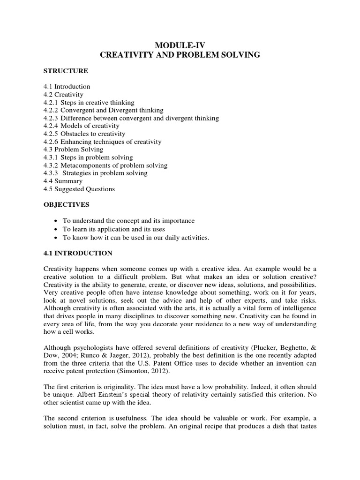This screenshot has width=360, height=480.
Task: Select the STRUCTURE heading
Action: point(66,71)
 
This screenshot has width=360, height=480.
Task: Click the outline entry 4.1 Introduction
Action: point(67,87)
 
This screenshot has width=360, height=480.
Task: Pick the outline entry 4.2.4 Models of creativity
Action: point(81,126)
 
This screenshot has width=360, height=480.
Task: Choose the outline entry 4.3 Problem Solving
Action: point(73,150)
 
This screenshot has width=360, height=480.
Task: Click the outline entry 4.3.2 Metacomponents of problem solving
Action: point(105,165)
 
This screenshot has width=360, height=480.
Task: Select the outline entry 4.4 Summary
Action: point(63,181)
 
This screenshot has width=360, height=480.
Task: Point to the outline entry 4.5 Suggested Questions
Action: point(79,189)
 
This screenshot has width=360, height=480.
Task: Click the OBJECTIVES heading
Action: point(67,205)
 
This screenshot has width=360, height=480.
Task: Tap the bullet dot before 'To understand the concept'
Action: point(56,221)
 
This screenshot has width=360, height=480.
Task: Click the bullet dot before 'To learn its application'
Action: point(56,229)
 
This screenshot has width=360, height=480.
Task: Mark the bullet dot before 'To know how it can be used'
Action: point(56,238)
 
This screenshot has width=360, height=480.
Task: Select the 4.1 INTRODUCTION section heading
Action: point(78,253)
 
